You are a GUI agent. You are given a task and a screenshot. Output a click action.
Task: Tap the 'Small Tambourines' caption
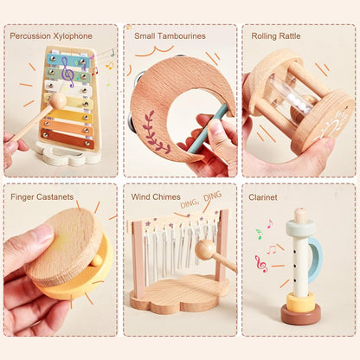point(169,35)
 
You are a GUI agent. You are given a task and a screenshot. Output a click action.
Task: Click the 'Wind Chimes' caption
point(156,196)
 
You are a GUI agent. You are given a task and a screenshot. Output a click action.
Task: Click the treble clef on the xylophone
point(67,74)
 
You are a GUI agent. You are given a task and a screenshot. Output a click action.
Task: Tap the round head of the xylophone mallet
point(57,100)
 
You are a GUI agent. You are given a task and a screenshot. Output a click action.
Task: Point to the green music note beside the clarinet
point(258,234)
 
